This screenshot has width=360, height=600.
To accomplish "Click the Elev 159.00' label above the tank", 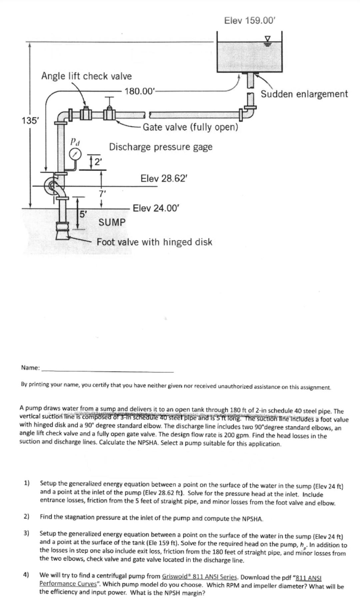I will click(250, 21).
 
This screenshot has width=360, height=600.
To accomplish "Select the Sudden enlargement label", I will click(304, 94).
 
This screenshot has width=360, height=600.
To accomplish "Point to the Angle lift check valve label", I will click(87, 76).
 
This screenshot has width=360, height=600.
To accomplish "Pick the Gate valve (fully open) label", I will click(190, 127).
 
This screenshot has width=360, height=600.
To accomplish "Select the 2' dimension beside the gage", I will click(97, 162).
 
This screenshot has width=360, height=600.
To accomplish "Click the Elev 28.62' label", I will click(164, 178).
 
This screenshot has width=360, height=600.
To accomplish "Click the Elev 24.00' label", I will click(156, 208).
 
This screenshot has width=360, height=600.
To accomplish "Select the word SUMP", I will click(112, 222).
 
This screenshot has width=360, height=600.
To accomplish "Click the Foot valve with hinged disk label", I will click(154, 242).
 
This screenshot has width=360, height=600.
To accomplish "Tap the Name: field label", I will click(30, 368).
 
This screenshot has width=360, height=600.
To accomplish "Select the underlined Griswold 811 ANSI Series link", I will click(199, 577).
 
